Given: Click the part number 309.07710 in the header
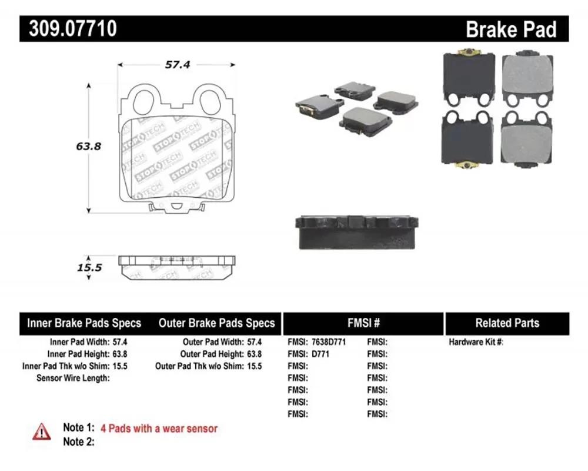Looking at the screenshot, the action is coord(73,28).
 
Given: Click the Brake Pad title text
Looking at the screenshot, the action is coord(511,29).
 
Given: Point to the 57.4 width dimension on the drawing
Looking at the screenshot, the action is coord(178,65).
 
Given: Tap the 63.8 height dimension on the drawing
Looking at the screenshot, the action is coord(89,146).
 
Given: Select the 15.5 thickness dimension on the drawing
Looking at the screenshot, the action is coord(89,267).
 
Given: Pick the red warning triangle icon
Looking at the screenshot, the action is coord(42,432).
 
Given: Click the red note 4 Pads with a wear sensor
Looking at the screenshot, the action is coord(159,429).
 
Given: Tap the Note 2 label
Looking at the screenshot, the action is coord(79,442).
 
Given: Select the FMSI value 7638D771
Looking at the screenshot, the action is coord(329,342).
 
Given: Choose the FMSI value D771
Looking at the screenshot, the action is coord(320,354).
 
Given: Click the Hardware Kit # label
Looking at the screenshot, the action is coord(476,342).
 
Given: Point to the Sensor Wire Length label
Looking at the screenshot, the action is coord(73,378).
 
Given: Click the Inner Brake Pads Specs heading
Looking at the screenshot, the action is coord(84,323).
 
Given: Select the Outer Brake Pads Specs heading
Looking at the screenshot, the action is coord(217,323).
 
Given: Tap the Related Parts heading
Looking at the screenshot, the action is coord(507,323).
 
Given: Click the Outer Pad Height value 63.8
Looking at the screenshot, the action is coord(254,354).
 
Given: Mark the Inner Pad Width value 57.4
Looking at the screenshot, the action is coord(120,342).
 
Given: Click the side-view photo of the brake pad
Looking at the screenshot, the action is coord(357,233).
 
